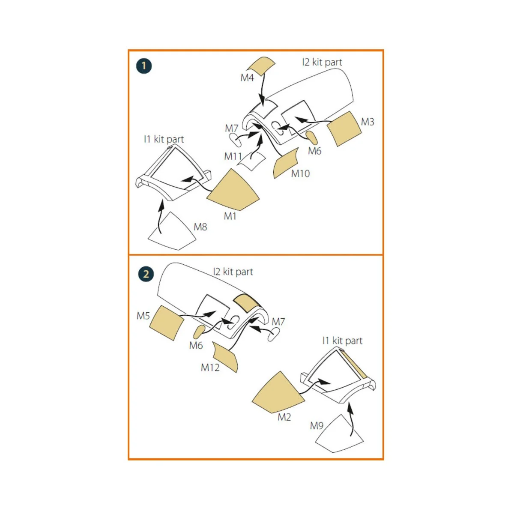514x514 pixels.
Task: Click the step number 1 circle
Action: pos(144,66)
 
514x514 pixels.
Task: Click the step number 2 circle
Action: pos(146,274)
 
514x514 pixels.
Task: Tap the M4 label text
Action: pos(247,78)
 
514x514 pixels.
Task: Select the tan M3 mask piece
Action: pos(344,129)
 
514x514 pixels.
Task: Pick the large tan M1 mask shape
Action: pos(232,190)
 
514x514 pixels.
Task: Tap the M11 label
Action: pos(233,156)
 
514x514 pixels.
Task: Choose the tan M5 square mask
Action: pos(167,323)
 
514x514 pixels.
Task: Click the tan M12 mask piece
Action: pos(225,357)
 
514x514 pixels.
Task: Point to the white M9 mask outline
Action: pos(339,434)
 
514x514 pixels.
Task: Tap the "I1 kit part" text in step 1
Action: pos(164,139)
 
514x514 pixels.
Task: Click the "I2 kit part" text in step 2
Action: pos(233,272)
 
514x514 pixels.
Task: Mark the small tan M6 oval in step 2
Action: pos(200,332)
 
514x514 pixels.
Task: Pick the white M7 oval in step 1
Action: pos(235,140)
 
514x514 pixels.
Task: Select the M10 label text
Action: pos(300,173)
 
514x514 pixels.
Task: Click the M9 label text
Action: pos(317,426)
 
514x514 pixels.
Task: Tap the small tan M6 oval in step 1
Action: pos(311,137)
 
